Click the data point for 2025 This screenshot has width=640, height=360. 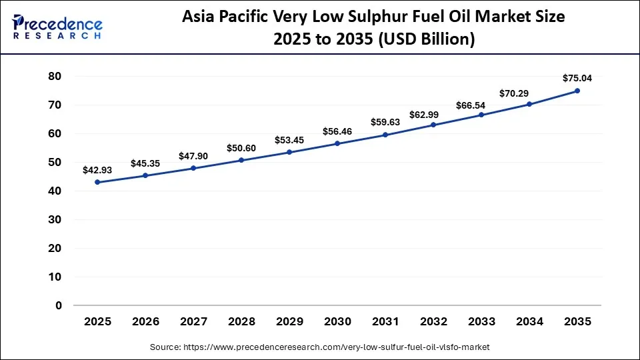click(97, 182)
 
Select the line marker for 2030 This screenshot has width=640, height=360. click(337, 143)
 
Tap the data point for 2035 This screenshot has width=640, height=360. click(577, 91)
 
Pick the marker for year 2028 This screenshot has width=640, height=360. click(241, 160)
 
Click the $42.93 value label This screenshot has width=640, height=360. click(97, 170)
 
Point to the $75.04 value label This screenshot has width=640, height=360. click(577, 78)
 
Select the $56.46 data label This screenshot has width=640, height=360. click(337, 131)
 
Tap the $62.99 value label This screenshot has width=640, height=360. click(433, 113)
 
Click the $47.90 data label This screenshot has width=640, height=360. click(193, 156)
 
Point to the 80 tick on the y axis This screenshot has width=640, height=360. click(55, 77)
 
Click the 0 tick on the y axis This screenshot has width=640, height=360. click(59, 305)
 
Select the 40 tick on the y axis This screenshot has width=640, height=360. click(55, 191)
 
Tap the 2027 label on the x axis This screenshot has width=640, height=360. click(193, 321)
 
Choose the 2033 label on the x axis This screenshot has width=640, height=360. click(481, 321)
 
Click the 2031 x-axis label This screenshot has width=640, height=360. click(385, 321)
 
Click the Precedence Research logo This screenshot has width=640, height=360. click(57, 27)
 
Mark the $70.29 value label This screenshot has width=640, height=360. click(529, 93)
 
